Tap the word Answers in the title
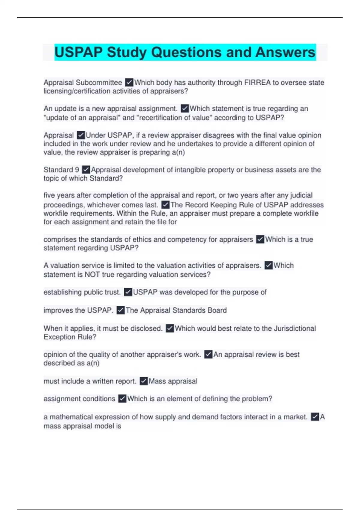(x=285, y=52)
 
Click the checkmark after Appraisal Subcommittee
(x=129, y=82)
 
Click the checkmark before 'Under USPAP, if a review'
(x=81, y=135)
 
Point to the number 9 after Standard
(x=77, y=170)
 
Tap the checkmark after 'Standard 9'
(x=86, y=170)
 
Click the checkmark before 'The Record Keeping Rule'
(x=165, y=205)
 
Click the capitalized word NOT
(x=92, y=274)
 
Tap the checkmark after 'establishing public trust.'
(x=128, y=292)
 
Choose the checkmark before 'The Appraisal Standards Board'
(x=120, y=310)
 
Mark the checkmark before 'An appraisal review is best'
(x=208, y=355)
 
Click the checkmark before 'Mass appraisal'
(x=144, y=381)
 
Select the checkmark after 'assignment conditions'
(x=122, y=399)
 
